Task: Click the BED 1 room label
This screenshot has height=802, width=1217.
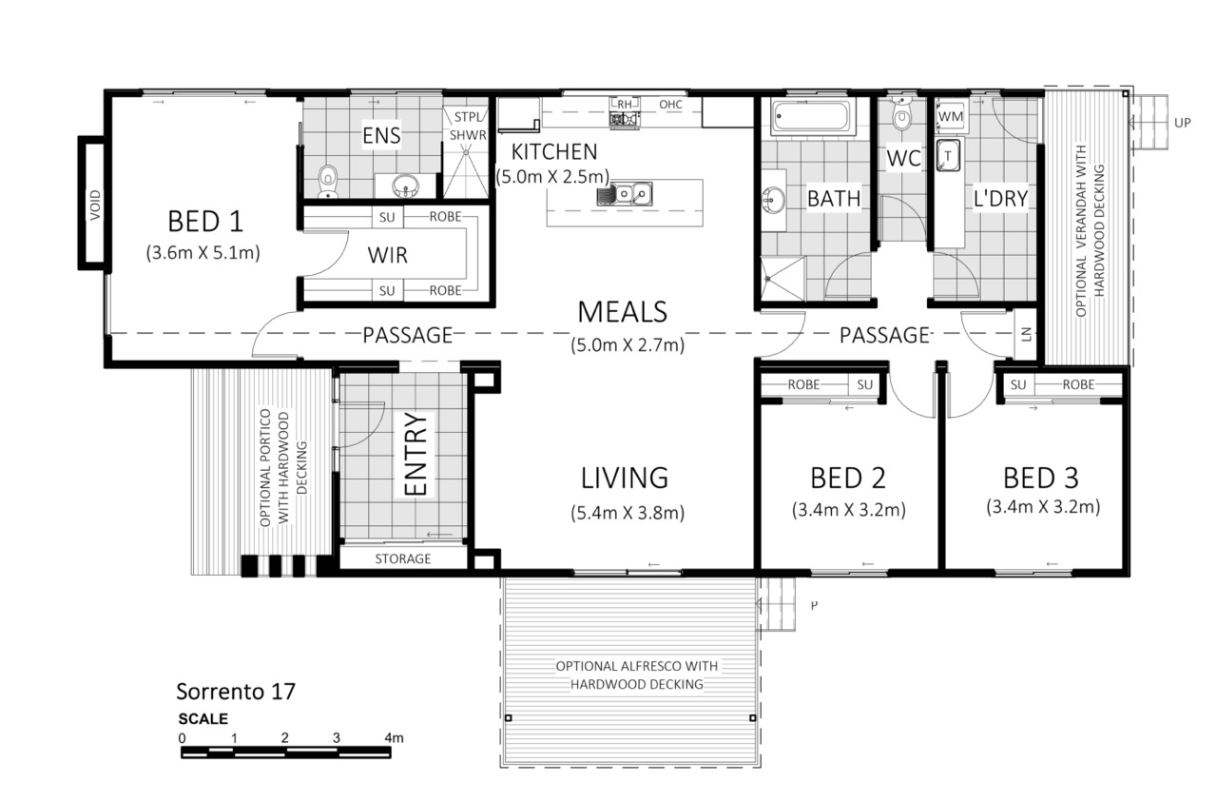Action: pyautogui.click(x=204, y=222)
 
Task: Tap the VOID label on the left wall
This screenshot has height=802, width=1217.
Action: pyautogui.click(x=95, y=205)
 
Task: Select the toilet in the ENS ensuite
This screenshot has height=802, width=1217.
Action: pyautogui.click(x=328, y=181)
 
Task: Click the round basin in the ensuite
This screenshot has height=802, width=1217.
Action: pyautogui.click(x=405, y=186)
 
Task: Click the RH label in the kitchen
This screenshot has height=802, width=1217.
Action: pyautogui.click(x=625, y=104)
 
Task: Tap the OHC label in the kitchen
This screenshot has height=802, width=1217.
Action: pyautogui.click(x=670, y=104)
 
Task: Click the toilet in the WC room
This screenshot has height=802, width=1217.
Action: pyautogui.click(x=902, y=115)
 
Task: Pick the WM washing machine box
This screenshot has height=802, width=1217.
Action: pyautogui.click(x=950, y=116)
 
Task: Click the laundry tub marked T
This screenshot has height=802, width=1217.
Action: pyautogui.click(x=948, y=155)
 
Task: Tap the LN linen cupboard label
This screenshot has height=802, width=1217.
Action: pyautogui.click(x=1026, y=334)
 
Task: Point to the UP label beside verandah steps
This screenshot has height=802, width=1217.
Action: pyautogui.click(x=1182, y=123)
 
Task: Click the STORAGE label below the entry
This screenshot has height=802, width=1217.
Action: pyautogui.click(x=402, y=558)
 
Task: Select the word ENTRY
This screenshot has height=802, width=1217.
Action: pyautogui.click(x=416, y=454)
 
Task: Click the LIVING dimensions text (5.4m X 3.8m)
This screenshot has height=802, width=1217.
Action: pyautogui.click(x=627, y=513)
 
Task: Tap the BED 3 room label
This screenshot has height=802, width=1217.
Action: pyautogui.click(x=1040, y=478)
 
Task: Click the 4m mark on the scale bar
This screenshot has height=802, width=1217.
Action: pyautogui.click(x=394, y=738)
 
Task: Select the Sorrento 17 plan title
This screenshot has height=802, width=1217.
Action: pyautogui.click(x=236, y=691)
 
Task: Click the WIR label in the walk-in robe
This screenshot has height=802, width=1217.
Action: pyautogui.click(x=387, y=255)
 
